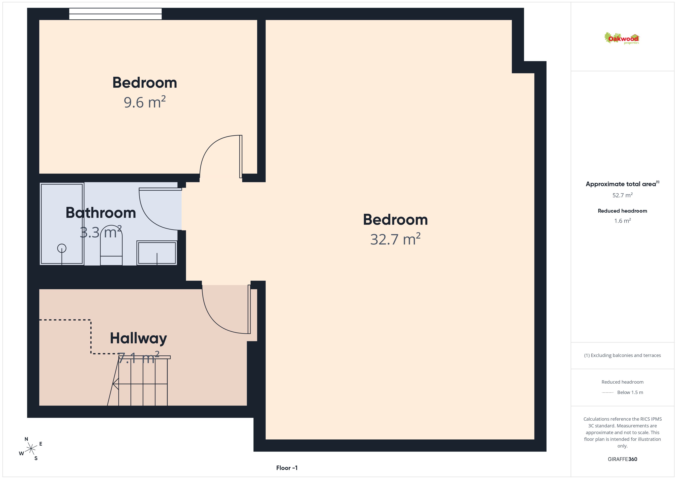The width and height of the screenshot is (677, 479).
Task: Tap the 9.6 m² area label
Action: point(144,102)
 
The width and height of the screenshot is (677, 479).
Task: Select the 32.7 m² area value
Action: point(395,239)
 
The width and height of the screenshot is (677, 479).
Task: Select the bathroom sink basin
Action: point(157,253)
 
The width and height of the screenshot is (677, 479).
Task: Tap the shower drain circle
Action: point(62,248)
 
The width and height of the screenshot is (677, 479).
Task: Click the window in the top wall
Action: point(115,14)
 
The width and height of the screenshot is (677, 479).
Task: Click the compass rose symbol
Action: point(31,449)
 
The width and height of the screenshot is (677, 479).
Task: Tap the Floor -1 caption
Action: point(287,468)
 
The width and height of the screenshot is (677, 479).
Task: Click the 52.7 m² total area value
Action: point(622,195)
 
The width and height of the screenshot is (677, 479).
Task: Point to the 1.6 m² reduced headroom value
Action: point(622,221)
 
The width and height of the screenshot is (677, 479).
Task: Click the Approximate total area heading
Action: point(622,184)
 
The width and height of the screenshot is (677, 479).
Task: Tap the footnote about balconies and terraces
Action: point(622,355)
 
